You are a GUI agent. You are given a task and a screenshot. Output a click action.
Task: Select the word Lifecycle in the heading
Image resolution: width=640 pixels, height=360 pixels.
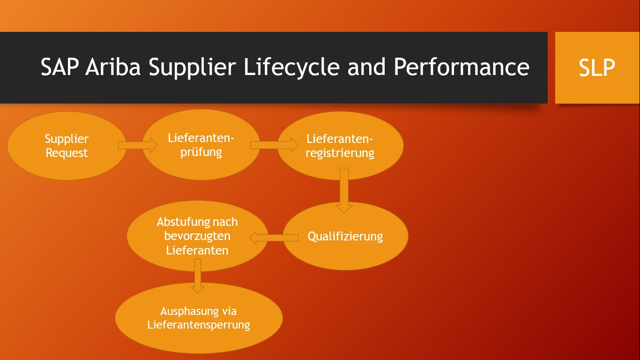click(x=291, y=67)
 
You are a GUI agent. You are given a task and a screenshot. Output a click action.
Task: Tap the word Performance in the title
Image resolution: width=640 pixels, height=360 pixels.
click(x=461, y=67)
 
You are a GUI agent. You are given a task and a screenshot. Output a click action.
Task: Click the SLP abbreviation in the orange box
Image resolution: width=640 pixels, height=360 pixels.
click(x=597, y=68)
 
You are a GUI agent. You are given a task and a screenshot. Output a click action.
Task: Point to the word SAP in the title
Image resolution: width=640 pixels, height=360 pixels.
click(x=60, y=67)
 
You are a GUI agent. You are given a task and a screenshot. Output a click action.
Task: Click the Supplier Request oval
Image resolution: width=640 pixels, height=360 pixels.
click(x=67, y=146)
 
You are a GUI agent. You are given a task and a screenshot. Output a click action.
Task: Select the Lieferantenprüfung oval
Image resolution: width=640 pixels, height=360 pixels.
click(x=201, y=145)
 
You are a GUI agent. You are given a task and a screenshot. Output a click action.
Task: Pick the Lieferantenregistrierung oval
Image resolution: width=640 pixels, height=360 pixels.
click(x=340, y=146)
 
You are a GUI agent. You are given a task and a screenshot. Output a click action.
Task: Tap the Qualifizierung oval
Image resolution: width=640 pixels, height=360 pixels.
click(x=345, y=236)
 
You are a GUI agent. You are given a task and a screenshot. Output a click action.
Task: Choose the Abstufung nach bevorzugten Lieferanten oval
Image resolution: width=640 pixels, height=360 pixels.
click(x=197, y=236)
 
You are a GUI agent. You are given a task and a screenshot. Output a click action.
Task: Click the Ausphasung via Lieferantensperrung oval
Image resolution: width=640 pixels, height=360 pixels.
click(x=199, y=318)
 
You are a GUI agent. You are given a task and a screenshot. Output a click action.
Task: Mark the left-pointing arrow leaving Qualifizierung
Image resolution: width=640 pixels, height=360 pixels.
click(x=274, y=238)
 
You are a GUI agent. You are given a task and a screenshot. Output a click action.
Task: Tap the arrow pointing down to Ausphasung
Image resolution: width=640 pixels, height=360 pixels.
click(x=198, y=276)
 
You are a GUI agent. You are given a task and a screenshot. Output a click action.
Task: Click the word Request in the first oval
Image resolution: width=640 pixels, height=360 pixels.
click(x=67, y=153)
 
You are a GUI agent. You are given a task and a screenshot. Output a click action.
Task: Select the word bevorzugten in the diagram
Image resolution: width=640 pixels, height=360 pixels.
click(x=197, y=236)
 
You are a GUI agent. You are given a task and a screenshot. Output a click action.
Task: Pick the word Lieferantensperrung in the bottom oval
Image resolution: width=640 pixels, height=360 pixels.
click(x=199, y=324)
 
